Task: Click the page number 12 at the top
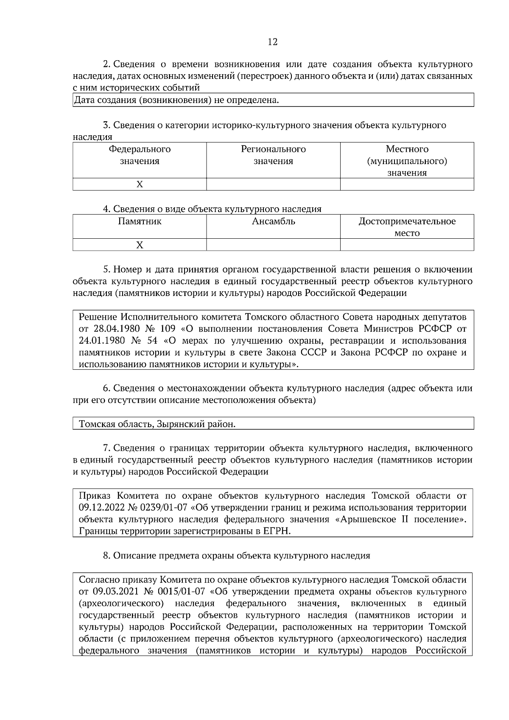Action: (x=273, y=42)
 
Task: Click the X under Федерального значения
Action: (x=140, y=184)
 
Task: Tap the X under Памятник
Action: (x=140, y=245)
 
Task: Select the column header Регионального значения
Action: (x=273, y=155)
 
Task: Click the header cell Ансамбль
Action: (x=273, y=221)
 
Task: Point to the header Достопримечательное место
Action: (x=407, y=227)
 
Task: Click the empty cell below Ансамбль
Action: (x=273, y=245)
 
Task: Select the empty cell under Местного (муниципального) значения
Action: (x=407, y=184)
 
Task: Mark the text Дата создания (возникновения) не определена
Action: (x=176, y=100)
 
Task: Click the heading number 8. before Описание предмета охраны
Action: (x=106, y=556)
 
